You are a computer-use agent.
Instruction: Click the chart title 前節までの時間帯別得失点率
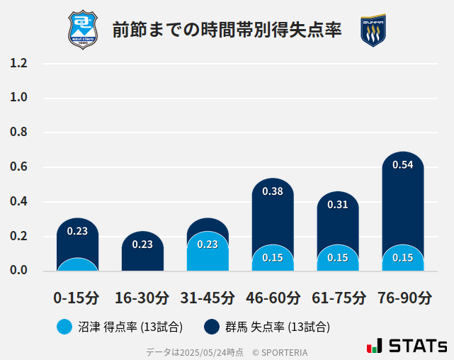(x=227, y=30)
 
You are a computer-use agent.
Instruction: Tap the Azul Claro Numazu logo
(x=84, y=30)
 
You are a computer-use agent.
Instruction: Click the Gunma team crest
(x=373, y=30)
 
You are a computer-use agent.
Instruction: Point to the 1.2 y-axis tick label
(x=18, y=63)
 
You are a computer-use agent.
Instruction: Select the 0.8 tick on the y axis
(x=18, y=133)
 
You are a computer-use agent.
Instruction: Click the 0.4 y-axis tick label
(x=18, y=202)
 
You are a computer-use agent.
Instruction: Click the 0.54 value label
(x=403, y=165)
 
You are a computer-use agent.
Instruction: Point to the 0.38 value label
(x=273, y=191)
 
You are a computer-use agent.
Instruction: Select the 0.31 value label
(x=338, y=205)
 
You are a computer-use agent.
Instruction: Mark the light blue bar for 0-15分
(x=77, y=265)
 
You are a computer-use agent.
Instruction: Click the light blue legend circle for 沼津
(x=64, y=327)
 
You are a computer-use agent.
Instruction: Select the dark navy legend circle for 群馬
(x=212, y=327)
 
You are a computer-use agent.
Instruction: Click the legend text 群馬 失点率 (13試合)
(x=277, y=327)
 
